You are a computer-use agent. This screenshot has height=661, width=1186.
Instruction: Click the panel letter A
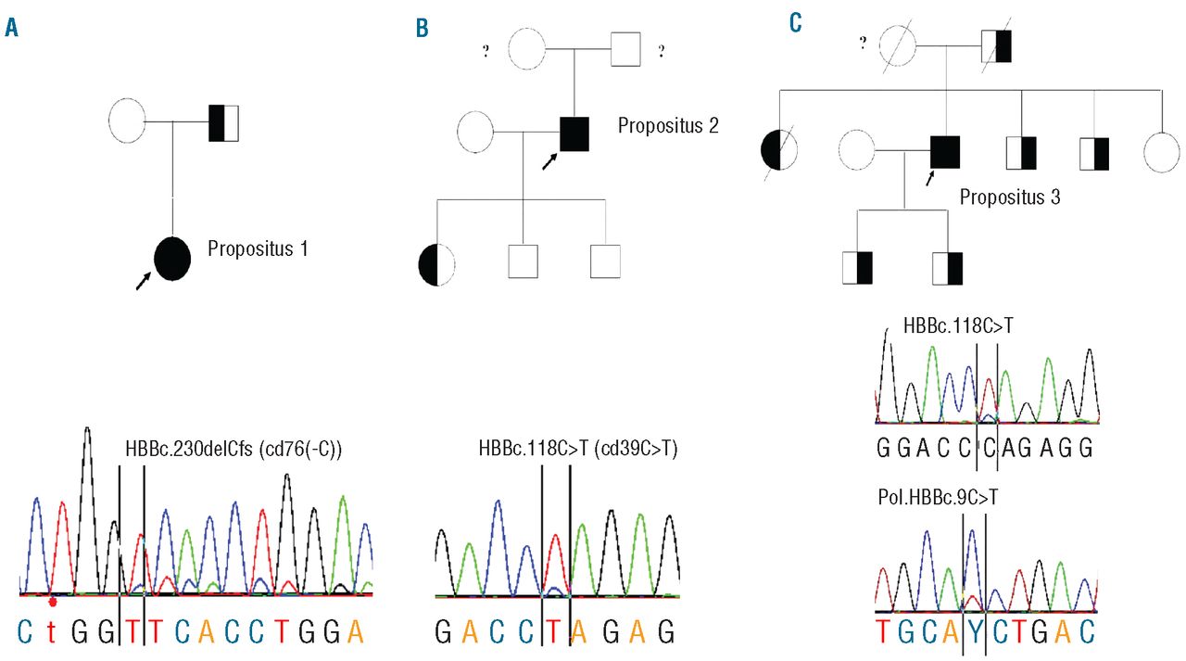click(11, 28)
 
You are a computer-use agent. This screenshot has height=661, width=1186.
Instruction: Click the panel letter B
click(422, 28)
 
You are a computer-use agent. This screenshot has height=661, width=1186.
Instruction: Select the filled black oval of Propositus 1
click(172, 258)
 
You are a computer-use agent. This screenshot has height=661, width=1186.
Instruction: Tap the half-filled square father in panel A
click(224, 122)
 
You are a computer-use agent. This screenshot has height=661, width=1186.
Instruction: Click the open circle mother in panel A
click(127, 122)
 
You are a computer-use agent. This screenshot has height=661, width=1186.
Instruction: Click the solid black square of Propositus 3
click(944, 152)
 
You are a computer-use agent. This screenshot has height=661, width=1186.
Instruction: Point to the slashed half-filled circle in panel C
click(778, 152)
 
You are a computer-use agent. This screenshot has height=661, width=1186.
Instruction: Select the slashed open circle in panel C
click(897, 44)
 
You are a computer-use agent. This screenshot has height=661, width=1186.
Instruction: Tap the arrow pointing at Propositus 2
click(549, 161)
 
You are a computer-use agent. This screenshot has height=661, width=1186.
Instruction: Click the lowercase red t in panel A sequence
click(52, 631)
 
